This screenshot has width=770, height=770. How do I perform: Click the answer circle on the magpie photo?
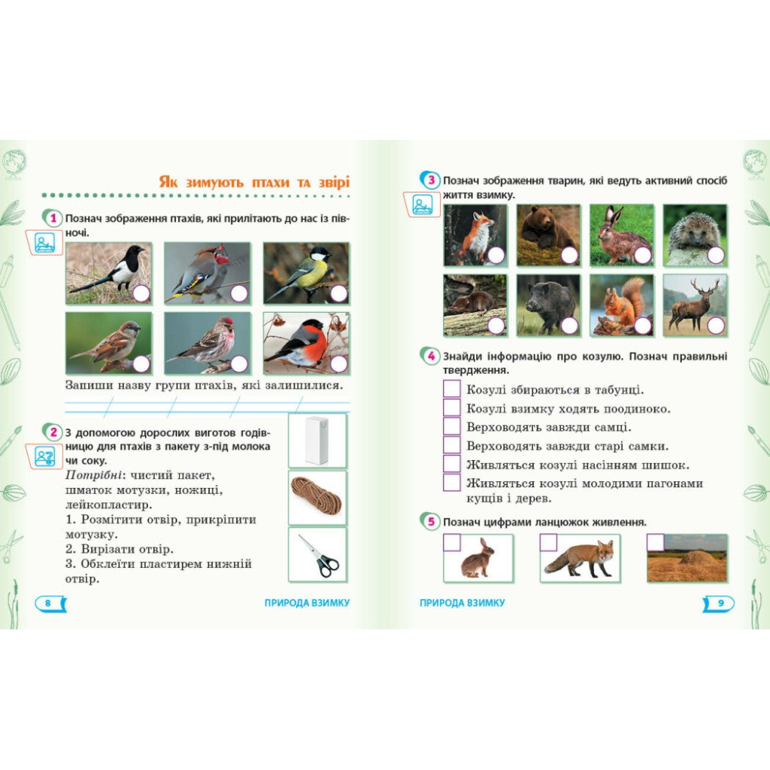click(x=141, y=294)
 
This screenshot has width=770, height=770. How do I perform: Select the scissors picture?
click(x=318, y=556)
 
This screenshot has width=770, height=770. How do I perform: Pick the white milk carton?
click(x=317, y=441)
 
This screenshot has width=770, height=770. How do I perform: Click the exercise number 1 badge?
click(x=53, y=219)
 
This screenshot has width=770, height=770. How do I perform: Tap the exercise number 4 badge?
click(x=431, y=356)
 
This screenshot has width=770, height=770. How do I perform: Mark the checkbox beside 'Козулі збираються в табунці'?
click(x=452, y=389)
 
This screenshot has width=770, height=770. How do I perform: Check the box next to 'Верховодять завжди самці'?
click(x=452, y=426)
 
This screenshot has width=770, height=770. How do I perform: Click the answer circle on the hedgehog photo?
click(x=717, y=256)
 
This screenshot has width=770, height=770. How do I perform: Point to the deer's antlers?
click(x=705, y=287)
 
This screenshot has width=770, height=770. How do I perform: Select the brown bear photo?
click(x=548, y=235)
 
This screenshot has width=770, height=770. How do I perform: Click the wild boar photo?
click(x=548, y=305)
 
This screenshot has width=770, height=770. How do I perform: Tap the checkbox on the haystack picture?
click(x=655, y=543)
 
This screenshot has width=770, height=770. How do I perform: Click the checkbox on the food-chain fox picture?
click(x=548, y=543)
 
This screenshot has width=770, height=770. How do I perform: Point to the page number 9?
click(x=721, y=603)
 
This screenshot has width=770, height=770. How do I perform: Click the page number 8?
click(x=47, y=603)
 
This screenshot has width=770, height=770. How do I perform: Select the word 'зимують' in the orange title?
click(x=214, y=183)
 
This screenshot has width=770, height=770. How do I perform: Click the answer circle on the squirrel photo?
click(x=642, y=325)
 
